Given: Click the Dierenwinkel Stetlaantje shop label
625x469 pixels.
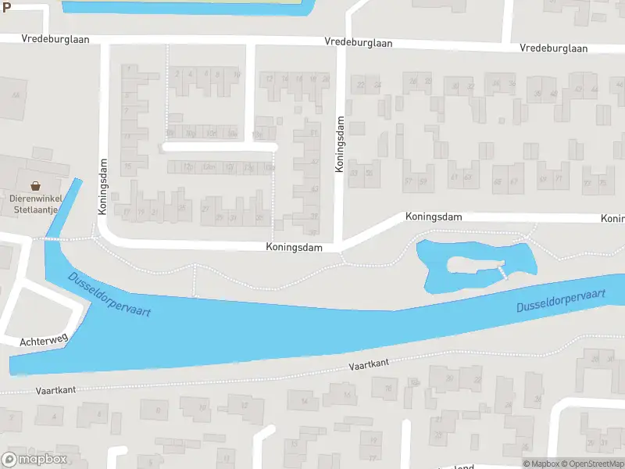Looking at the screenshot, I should pyautogui.click(x=35, y=203).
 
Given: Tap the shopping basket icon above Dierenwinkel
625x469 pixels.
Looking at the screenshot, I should pyautogui.click(x=35, y=186).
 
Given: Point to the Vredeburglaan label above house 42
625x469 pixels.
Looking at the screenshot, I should pyautogui.click(x=554, y=48).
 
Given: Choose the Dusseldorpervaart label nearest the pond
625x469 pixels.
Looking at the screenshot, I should pyautogui.click(x=561, y=300).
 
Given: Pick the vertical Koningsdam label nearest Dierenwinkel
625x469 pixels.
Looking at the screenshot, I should pyautogui.click(x=102, y=187).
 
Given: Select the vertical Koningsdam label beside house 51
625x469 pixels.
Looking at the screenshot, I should pyautogui.click(x=340, y=145).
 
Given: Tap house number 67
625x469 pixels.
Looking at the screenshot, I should pyautogui.click(x=514, y=181).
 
